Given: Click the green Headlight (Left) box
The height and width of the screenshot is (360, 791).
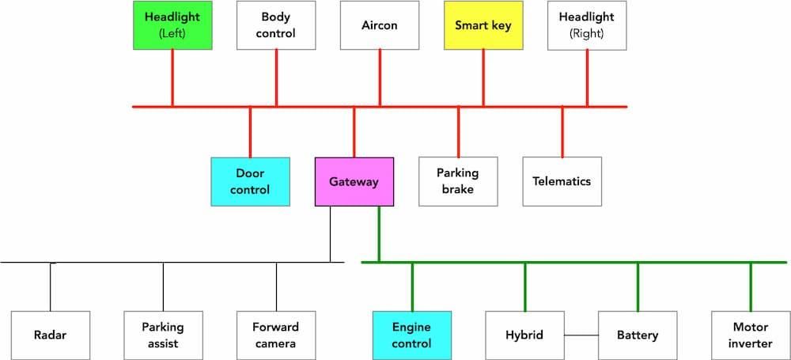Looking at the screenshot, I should click(x=172, y=25).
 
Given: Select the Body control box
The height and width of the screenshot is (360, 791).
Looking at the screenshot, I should click(x=276, y=25).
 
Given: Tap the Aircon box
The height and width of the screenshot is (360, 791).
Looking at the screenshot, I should click(x=380, y=25).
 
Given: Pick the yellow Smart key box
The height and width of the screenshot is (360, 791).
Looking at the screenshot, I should click(x=483, y=25).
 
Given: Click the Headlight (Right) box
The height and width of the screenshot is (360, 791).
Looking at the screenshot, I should click(x=587, y=25).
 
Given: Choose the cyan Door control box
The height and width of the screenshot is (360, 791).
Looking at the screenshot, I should click(x=250, y=181).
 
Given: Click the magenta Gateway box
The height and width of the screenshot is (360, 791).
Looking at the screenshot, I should click(x=354, y=181).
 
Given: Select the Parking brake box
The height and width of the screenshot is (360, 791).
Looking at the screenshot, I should click(x=458, y=181).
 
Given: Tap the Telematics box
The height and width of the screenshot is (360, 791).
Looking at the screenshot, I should click(x=562, y=181).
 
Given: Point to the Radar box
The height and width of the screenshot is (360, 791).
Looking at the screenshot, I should click(x=51, y=335).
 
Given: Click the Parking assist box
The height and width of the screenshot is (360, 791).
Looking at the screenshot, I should click(x=163, y=335).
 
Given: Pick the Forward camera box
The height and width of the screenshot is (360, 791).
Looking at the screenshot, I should click(x=276, y=335).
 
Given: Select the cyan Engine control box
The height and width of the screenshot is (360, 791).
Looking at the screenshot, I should click(x=412, y=335).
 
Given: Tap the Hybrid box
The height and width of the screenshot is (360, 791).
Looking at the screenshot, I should click(x=524, y=335).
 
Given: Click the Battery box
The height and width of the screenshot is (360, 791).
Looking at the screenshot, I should click(x=638, y=335).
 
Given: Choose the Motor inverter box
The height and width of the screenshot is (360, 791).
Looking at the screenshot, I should click(x=751, y=335).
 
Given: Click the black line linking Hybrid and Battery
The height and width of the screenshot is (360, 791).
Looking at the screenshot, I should click(x=581, y=335).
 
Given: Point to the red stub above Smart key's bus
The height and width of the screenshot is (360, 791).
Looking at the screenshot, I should click(x=483, y=78).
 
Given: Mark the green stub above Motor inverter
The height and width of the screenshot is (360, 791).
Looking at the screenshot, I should click(x=751, y=286).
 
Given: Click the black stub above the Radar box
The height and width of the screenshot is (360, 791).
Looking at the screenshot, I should click(x=51, y=286).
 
